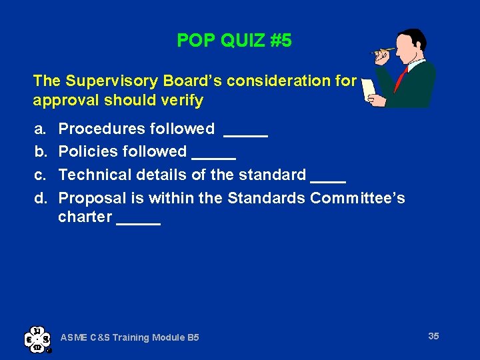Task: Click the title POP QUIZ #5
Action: (x=234, y=41)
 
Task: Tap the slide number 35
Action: (x=433, y=336)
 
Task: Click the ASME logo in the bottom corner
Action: (x=37, y=339)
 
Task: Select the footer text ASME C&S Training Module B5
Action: (x=129, y=338)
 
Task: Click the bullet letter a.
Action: (x=39, y=129)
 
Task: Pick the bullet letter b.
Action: (x=39, y=152)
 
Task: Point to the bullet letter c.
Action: (x=39, y=175)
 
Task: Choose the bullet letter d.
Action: (x=39, y=199)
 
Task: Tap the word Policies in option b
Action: (x=87, y=152)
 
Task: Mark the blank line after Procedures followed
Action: (x=245, y=134)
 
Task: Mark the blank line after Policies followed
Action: (x=213, y=157)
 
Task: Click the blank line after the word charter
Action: (x=138, y=223)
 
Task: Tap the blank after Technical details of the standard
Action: (x=328, y=181)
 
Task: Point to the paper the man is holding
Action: (x=369, y=90)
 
